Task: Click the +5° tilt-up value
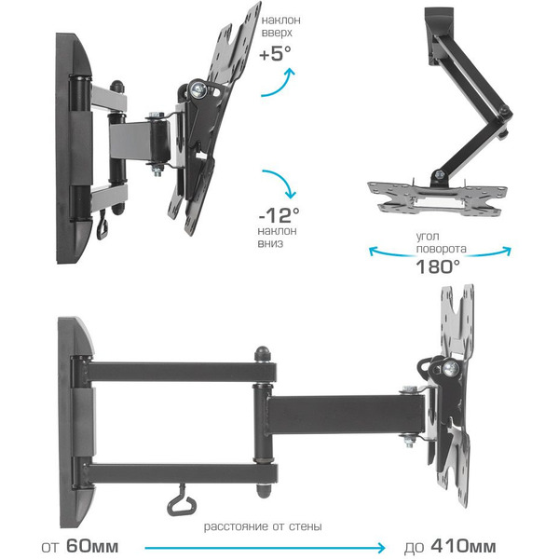[x=275, y=53]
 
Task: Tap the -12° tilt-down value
[x=279, y=215]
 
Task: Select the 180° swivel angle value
[x=438, y=266]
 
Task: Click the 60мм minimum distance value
[x=92, y=546]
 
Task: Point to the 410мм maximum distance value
[x=463, y=546]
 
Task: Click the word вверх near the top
[x=277, y=33]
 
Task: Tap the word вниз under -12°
[x=270, y=243]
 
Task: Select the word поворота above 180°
[x=441, y=248]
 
